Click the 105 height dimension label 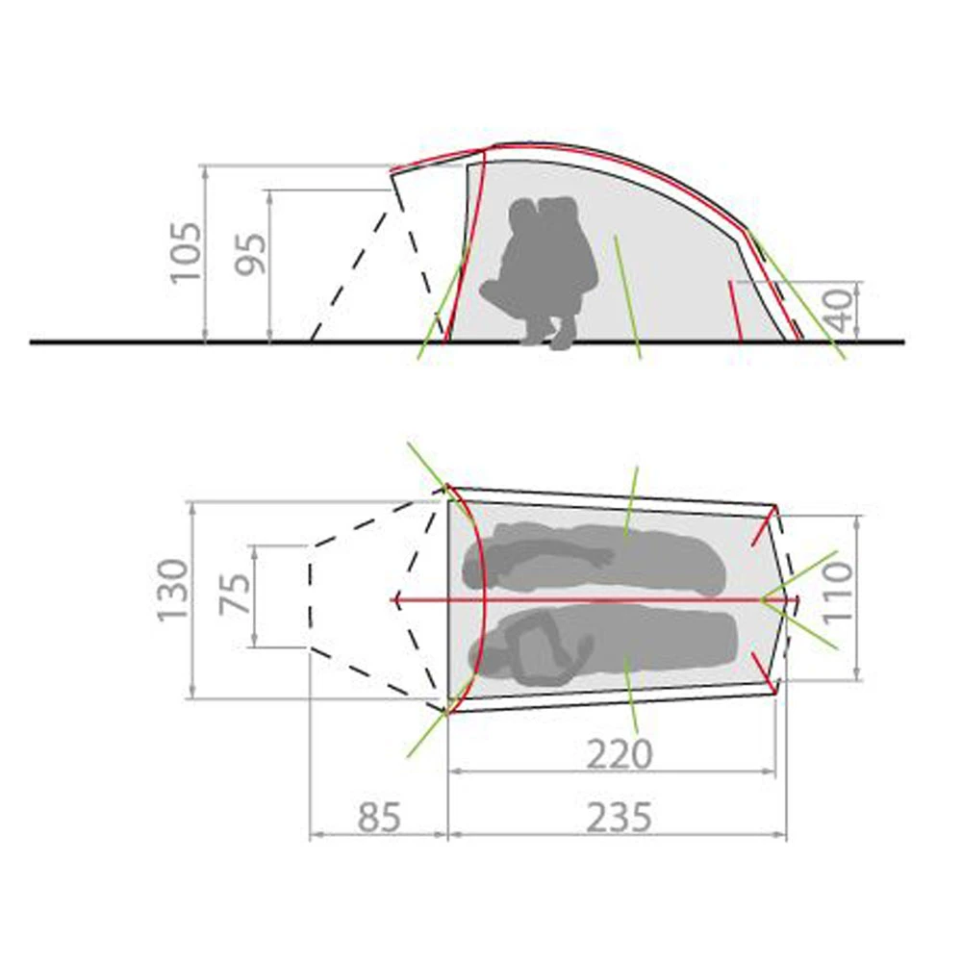[186, 251]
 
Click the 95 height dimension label [251, 254]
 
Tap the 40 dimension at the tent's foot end [841, 310]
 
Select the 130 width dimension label [173, 591]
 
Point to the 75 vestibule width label [236, 593]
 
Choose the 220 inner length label [620, 754]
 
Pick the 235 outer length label [619, 818]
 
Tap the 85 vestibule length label [379, 818]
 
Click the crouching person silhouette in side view [540, 272]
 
